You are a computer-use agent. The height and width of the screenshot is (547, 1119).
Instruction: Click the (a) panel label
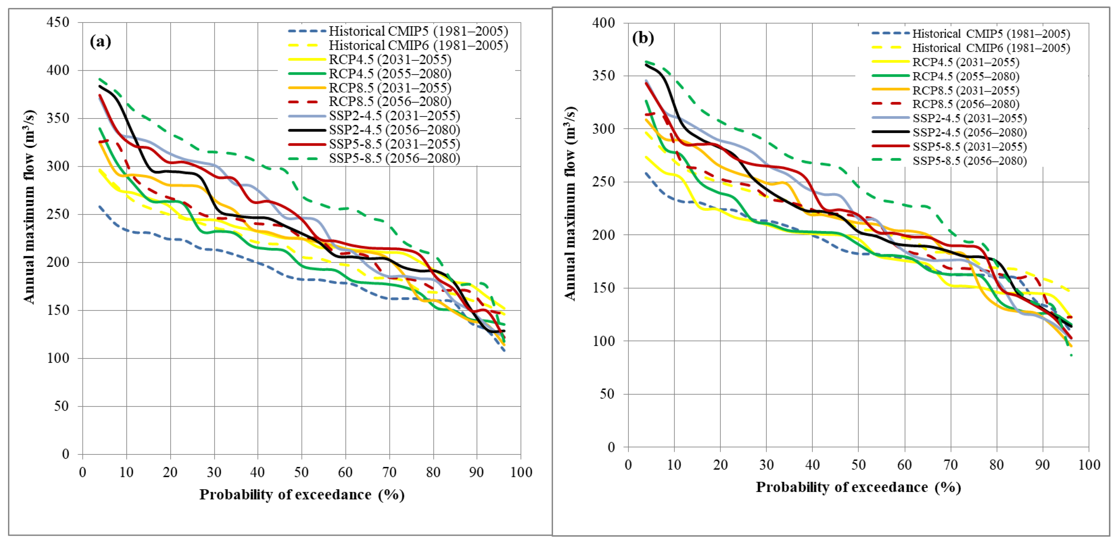pyautogui.click(x=100, y=42)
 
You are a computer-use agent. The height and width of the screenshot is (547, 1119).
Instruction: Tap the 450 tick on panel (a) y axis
pyautogui.click(x=58, y=22)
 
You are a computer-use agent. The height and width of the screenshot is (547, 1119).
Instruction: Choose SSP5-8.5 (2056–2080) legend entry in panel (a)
pyautogui.click(x=394, y=158)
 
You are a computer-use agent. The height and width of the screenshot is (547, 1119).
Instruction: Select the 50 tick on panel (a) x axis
pyautogui.click(x=301, y=472)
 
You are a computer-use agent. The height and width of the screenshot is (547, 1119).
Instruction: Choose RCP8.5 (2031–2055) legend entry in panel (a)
pyautogui.click(x=390, y=88)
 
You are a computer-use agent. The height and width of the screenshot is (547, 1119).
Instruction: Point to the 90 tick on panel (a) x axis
pyautogui.click(x=476, y=472)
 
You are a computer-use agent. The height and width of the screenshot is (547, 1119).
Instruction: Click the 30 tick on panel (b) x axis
pyautogui.click(x=766, y=465)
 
